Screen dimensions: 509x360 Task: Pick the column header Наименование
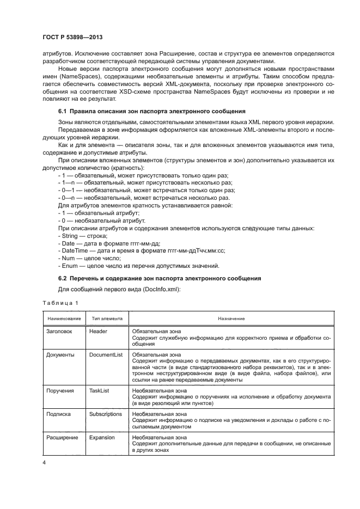pos(64,318)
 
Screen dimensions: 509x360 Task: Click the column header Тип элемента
pos(107,318)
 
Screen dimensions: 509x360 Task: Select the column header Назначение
pos(231,318)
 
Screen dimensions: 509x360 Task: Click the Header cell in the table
pos(98,331)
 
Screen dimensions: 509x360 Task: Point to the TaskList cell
pos(100,391)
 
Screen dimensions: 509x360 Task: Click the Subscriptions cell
pos(106,414)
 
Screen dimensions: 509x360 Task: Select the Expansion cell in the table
pos(102,437)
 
